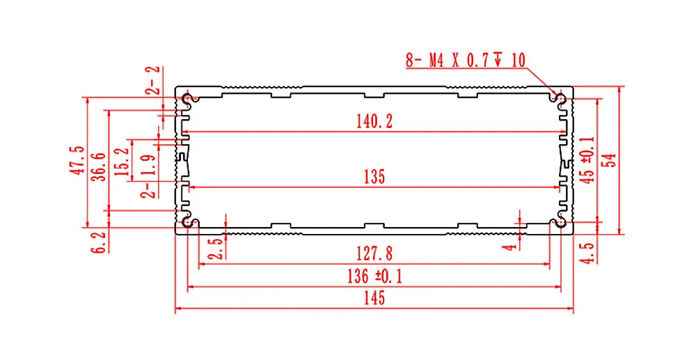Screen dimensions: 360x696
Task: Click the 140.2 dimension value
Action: tap(374, 122)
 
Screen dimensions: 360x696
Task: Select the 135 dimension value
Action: tap(374, 177)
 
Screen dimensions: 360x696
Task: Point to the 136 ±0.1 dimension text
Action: tap(374, 276)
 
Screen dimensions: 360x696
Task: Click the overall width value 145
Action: tap(373, 298)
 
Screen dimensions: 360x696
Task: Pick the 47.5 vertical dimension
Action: tap(77, 160)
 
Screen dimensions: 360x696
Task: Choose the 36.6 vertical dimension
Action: tap(100, 166)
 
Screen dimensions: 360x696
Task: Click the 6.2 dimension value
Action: tap(100, 242)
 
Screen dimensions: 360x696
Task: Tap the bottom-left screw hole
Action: tap(188, 222)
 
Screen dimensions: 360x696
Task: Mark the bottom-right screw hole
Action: tap(558, 222)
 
